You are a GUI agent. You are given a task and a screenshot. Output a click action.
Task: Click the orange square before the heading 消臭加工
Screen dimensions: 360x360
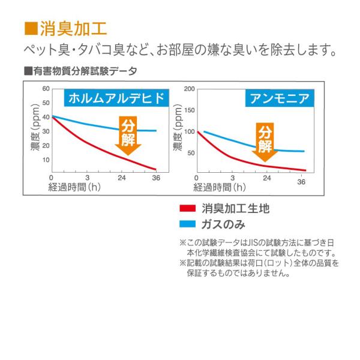click(x=31, y=28)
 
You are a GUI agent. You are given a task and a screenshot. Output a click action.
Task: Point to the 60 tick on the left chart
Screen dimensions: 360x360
click(x=46, y=88)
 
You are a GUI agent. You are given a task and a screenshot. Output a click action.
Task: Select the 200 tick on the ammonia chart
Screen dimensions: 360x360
click(x=190, y=89)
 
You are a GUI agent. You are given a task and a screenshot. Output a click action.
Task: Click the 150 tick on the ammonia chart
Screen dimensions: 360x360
click(x=190, y=110)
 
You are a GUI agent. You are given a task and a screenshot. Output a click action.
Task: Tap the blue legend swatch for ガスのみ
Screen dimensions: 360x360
click(x=188, y=225)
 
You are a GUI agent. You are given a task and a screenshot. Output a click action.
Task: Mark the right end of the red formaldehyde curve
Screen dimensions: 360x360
click(x=156, y=169)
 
